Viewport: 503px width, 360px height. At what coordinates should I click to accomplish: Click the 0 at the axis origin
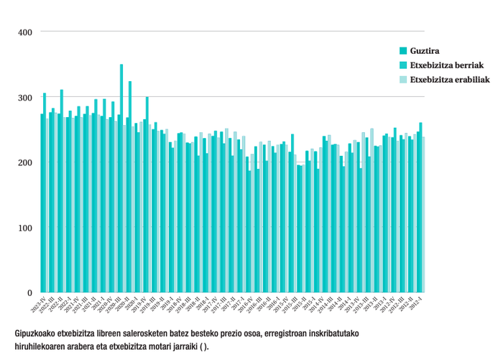(x=29, y=293)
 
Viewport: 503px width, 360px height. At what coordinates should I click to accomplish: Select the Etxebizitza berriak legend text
(x=447, y=65)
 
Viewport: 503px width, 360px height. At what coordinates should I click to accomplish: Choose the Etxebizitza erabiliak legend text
(x=450, y=80)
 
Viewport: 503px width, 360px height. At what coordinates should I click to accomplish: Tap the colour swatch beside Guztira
(x=403, y=50)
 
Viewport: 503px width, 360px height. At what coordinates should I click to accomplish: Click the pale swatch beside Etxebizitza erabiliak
(x=403, y=80)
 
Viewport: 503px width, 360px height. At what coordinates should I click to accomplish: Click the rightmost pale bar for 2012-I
(x=423, y=216)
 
